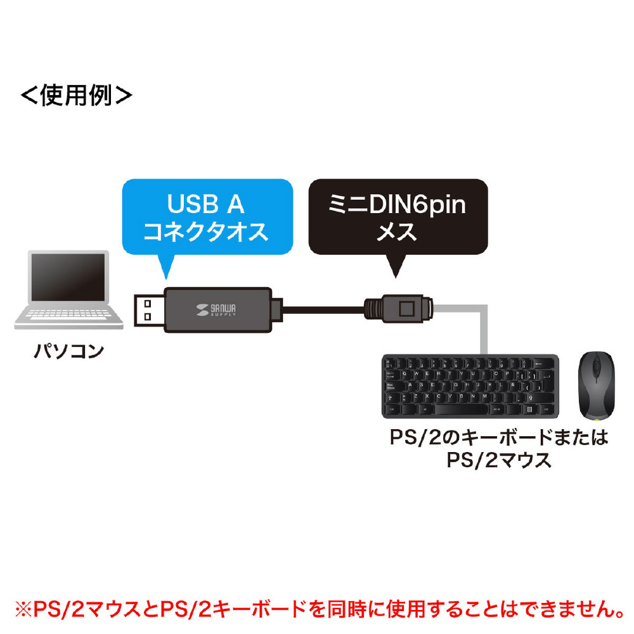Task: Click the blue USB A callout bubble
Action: coord(207,217)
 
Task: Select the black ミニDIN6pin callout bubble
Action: coord(398,217)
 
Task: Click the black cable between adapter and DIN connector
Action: coord(323,309)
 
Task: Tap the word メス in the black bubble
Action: coord(398,232)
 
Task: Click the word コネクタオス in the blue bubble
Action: coord(207,232)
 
